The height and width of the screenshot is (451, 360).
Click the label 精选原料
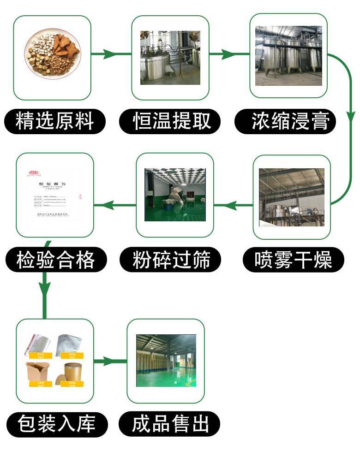point(54,122)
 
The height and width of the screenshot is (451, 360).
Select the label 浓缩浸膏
point(290,122)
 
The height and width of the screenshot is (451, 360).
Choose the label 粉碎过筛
point(171,260)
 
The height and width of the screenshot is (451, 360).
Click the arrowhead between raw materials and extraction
point(109,54)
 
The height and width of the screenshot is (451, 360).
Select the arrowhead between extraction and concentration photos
point(227,54)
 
